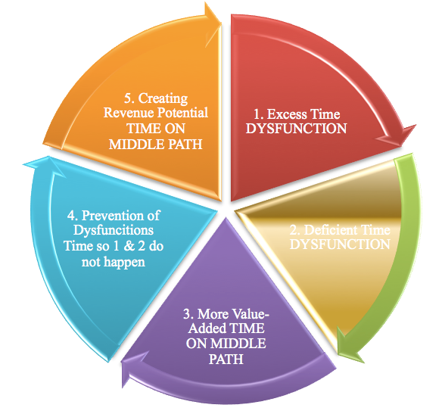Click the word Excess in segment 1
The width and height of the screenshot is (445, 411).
click(288, 114)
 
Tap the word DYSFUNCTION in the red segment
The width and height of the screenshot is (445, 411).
click(297, 129)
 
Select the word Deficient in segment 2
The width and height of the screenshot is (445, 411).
click(331, 230)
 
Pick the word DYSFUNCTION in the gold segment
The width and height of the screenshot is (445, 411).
click(340, 244)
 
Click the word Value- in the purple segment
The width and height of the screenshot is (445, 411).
click(250, 314)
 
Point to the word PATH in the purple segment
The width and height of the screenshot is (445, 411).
click(226, 360)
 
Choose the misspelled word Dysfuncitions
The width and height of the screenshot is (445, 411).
click(114, 230)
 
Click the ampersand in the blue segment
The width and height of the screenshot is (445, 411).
click(129, 246)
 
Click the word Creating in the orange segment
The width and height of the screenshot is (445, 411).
click(163, 98)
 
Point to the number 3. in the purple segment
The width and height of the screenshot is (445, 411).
click(188, 314)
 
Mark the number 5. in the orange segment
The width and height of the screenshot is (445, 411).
click(129, 98)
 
